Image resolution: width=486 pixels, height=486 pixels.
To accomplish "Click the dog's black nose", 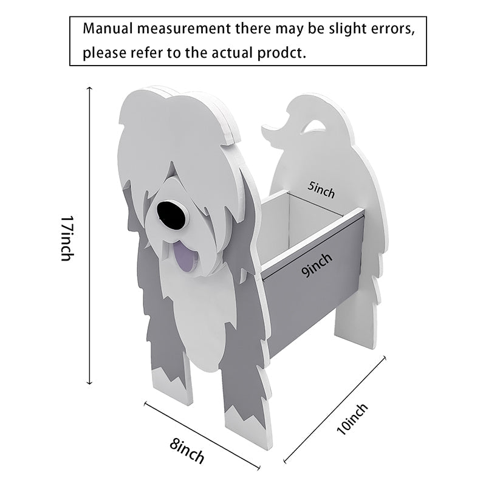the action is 171,215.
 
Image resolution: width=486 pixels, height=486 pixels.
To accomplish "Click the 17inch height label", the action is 67,238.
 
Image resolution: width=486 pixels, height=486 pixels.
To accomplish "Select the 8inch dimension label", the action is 187,451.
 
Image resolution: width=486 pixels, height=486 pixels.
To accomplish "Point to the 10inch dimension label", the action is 352,419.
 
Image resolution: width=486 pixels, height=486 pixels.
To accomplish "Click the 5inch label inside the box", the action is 321,190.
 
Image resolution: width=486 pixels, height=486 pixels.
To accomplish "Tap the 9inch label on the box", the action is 317,265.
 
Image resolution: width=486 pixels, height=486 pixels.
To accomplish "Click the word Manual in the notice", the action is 108,29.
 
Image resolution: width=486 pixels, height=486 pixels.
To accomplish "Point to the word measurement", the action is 184,29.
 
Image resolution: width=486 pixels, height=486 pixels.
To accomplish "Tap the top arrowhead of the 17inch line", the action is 89,89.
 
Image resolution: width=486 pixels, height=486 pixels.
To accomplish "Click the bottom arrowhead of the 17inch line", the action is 89,382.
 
